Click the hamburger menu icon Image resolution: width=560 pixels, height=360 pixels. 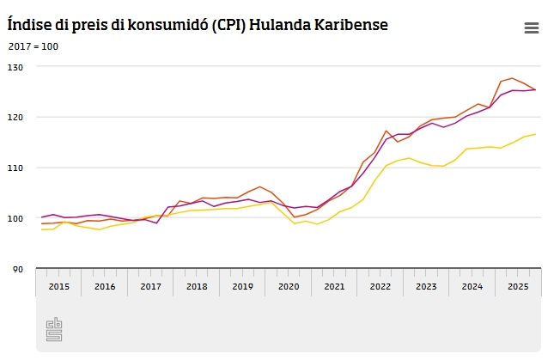pyautogui.click(x=531, y=28)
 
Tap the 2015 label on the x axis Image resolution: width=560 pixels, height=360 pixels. pyautogui.click(x=58, y=285)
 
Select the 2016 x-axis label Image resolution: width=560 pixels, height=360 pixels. pyautogui.click(x=105, y=285)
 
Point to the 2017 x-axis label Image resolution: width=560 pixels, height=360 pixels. pyautogui.click(x=150, y=285)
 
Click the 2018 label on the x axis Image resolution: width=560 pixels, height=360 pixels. pyautogui.click(x=197, y=285)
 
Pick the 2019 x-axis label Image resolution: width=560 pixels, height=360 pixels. pyautogui.click(x=242, y=285)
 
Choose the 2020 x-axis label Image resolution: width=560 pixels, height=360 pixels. pyautogui.click(x=289, y=285)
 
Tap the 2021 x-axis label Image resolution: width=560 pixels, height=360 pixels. pyautogui.click(x=334, y=285)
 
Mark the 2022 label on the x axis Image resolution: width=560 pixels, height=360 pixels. pyautogui.click(x=380, y=285)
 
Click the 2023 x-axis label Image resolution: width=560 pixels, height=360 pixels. pyautogui.click(x=426, y=285)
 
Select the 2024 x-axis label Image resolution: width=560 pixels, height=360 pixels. pyautogui.click(x=472, y=285)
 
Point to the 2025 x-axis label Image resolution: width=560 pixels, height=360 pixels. pyautogui.click(x=518, y=285)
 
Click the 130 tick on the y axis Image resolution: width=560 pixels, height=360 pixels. pyautogui.click(x=16, y=66)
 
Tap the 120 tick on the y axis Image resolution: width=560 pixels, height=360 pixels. pyautogui.click(x=16, y=117)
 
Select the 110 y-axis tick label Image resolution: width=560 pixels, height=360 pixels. pyautogui.click(x=16, y=168)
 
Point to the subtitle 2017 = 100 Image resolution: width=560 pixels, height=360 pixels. pyautogui.click(x=33, y=45)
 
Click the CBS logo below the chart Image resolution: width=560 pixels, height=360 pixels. pyautogui.click(x=54, y=330)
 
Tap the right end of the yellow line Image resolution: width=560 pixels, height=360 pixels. pyautogui.click(x=535, y=134)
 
